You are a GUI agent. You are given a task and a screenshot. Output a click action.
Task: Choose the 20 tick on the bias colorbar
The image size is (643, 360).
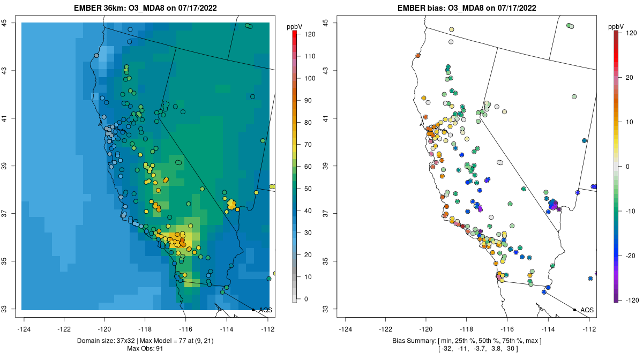point(630,78)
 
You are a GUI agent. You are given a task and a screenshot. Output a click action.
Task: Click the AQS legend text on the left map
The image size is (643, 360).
point(265,310)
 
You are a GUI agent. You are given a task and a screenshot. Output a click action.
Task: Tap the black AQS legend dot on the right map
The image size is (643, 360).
point(574,310)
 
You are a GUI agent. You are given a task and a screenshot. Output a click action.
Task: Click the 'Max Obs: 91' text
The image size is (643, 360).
point(145,349)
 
